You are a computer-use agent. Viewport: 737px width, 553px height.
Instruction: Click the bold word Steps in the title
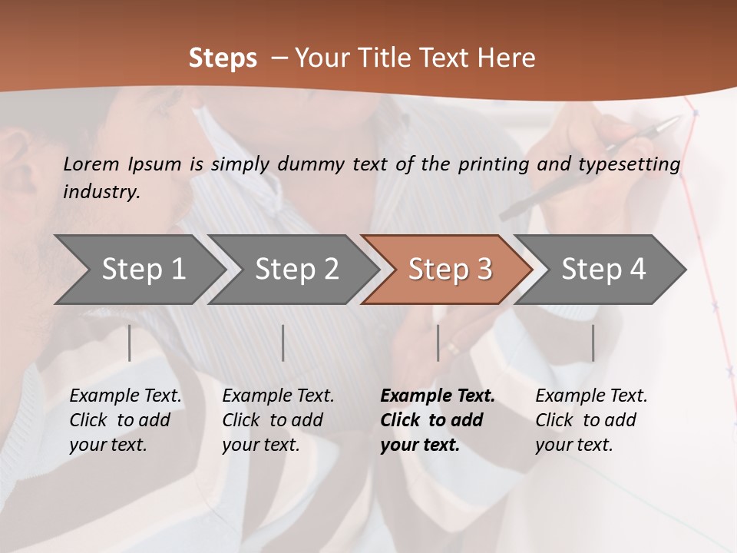click(x=223, y=58)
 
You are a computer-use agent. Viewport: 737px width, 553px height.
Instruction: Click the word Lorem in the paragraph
click(x=91, y=164)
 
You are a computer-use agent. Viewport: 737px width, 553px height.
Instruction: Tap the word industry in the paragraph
click(x=101, y=192)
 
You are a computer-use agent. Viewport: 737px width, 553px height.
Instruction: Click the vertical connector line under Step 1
click(x=130, y=343)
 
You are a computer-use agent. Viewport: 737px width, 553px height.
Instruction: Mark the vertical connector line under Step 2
click(x=283, y=343)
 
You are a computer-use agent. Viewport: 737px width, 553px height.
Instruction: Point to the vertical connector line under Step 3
click(x=438, y=343)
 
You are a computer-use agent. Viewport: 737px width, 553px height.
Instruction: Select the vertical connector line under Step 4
click(x=593, y=343)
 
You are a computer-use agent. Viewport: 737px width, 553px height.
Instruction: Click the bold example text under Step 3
click(x=437, y=420)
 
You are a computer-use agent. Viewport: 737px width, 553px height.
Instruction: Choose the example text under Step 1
click(x=125, y=420)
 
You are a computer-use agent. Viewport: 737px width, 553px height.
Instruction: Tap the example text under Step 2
click(x=278, y=420)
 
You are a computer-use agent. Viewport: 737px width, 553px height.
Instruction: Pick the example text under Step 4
click(x=591, y=420)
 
